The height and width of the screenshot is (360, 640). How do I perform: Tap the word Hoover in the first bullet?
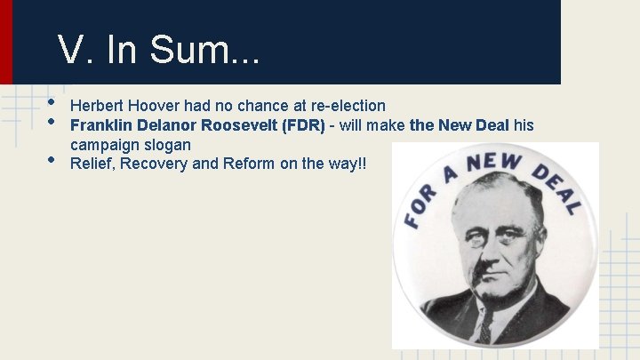coord(156,106)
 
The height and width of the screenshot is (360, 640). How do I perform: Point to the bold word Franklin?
coord(100,124)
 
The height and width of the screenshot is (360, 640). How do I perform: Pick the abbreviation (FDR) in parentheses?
coord(303,124)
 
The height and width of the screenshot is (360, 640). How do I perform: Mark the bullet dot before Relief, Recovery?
coord(52,161)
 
